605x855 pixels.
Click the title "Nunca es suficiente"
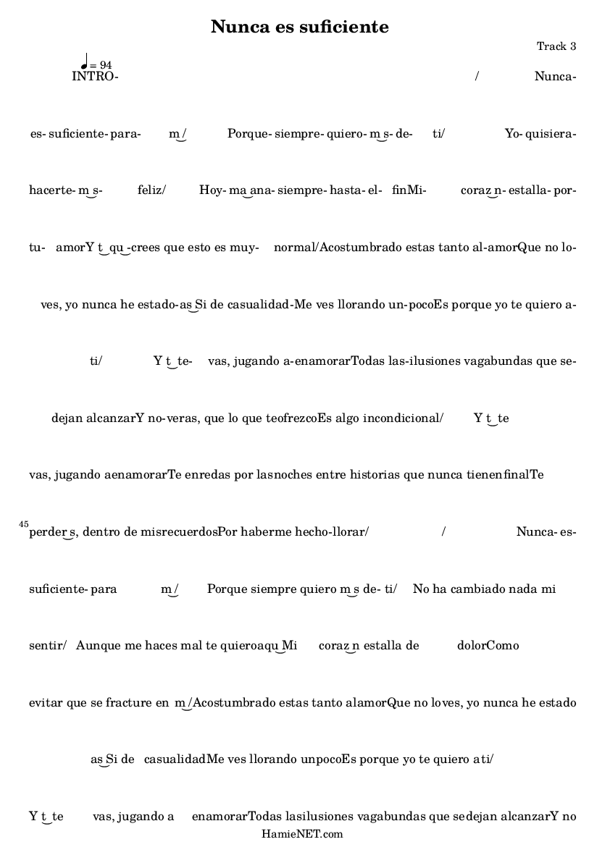pos(300,27)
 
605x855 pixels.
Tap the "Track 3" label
pos(556,46)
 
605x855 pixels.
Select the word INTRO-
pos(95,76)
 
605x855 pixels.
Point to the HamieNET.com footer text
pos(302,834)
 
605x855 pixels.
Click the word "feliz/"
pos(151,190)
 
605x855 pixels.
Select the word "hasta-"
pos(345,190)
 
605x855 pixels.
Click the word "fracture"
pos(125,702)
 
